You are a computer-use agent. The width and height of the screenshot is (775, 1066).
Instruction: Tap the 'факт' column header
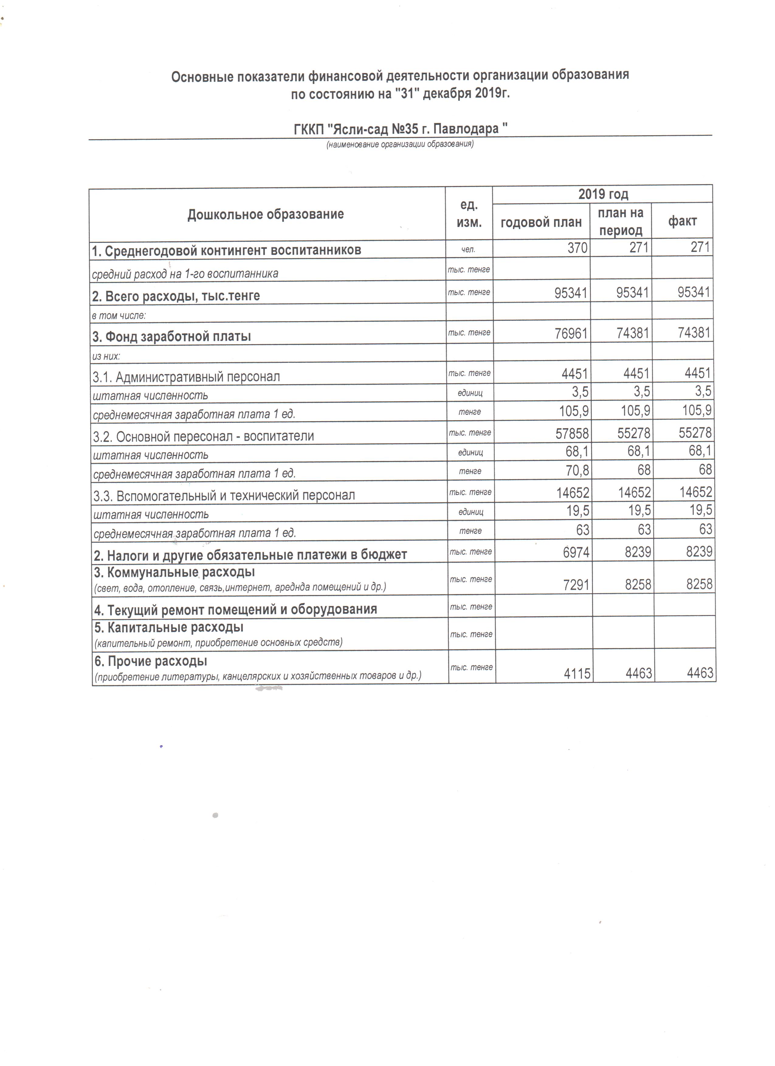(x=682, y=221)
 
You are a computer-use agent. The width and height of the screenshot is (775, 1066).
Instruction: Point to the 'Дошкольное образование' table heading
(x=266, y=214)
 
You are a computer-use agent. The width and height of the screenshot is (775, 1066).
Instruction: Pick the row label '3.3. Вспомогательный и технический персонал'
(x=224, y=495)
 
